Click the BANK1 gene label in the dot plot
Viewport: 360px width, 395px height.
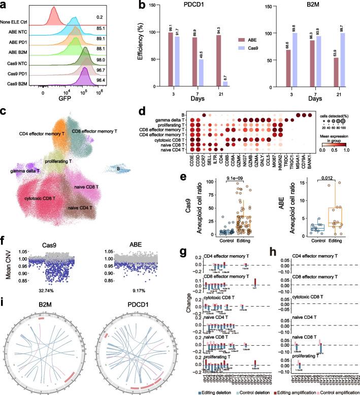[310, 161]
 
